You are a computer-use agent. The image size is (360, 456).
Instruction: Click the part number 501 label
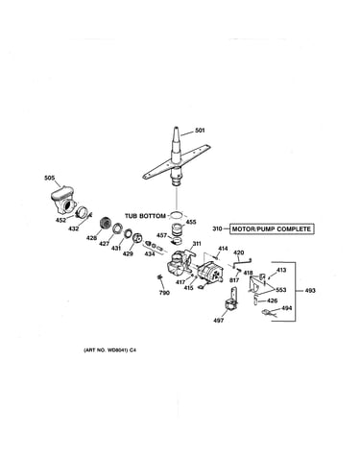[x=200, y=131]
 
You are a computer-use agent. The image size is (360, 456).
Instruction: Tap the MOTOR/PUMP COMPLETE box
[x=272, y=229]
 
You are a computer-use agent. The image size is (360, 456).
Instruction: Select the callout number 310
[x=217, y=229]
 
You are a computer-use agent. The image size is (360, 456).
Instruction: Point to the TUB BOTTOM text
[x=145, y=216]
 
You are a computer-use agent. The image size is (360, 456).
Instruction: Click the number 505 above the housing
[x=49, y=178]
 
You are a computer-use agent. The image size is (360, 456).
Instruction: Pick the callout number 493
[x=310, y=291]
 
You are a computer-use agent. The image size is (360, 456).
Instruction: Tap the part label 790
[x=164, y=293]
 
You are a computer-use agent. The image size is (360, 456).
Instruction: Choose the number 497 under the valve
[x=219, y=320]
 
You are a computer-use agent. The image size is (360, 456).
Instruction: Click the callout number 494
[x=287, y=308]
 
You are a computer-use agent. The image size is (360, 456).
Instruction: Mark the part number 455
[x=191, y=222]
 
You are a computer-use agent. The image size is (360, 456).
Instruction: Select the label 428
[x=91, y=238]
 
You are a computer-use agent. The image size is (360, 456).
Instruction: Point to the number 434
[x=150, y=253]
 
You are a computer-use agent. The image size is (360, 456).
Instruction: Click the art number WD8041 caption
[x=109, y=350]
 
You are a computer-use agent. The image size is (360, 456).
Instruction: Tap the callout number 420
[x=239, y=252]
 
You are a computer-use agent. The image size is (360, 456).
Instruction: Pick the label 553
[x=281, y=290]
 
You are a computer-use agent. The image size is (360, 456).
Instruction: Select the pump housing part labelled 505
[x=63, y=201]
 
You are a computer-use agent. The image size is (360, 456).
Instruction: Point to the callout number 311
[x=197, y=244]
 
